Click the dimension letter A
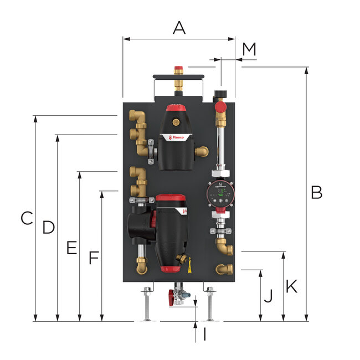[178, 27]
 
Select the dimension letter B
[316, 192]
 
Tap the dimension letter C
[27, 218]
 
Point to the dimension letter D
[49, 227]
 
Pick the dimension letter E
[71, 248]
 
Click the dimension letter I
[204, 335]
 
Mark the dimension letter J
[268, 297]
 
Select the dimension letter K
[291, 286]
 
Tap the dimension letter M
[249, 49]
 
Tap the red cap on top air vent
[178, 70]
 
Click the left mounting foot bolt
[147, 304]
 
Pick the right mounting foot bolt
[209, 304]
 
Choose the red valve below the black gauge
[220, 106]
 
